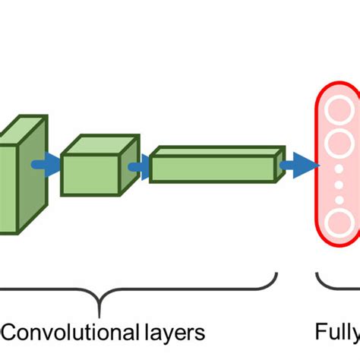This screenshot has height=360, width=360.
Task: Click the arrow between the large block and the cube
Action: [x=46, y=165]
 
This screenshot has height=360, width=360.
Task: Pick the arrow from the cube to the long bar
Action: [x=139, y=167]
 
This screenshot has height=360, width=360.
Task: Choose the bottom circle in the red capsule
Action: [x=337, y=223]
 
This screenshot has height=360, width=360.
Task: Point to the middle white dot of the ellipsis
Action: [x=337, y=185]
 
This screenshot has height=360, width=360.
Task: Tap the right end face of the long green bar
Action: [x=279, y=164]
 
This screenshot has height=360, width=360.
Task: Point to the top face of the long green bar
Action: [x=216, y=152]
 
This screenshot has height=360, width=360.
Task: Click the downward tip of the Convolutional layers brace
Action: [x=99, y=311]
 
